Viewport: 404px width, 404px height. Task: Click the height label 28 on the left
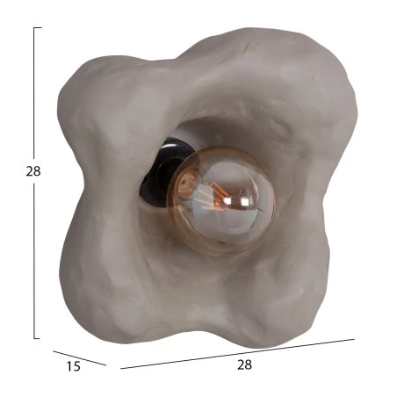(33, 171)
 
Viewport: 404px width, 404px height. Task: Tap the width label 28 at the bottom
(244, 364)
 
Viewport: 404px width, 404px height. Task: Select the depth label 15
(73, 366)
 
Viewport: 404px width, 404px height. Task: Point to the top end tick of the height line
(38, 27)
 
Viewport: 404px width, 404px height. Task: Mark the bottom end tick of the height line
(37, 338)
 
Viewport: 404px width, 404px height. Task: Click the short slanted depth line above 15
(79, 358)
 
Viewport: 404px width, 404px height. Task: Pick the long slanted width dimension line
(237, 354)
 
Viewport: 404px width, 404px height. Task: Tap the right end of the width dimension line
(355, 339)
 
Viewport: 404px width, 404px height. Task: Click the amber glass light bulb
(221, 201)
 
